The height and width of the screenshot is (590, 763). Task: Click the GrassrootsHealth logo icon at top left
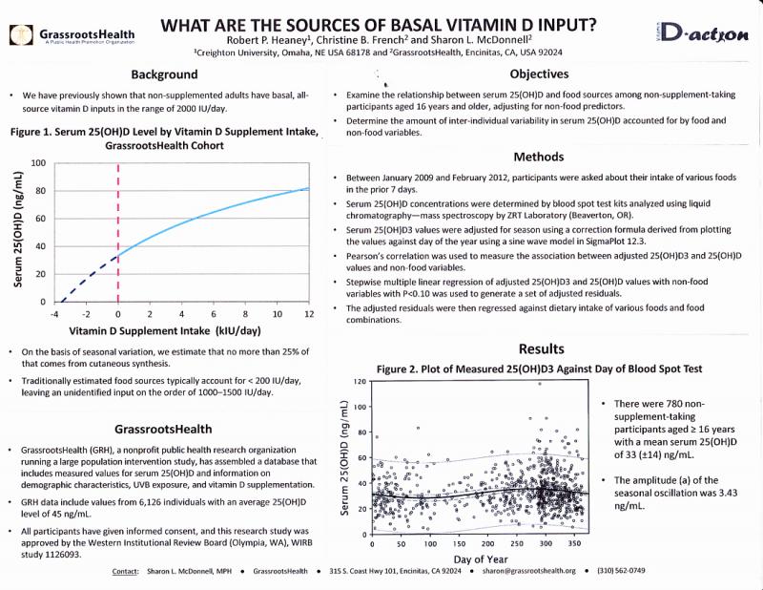point(21,35)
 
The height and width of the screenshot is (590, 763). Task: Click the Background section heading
point(164,74)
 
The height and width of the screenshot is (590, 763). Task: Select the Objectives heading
point(539,74)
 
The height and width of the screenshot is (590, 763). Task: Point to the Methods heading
point(539,157)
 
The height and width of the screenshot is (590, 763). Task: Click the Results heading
point(541,348)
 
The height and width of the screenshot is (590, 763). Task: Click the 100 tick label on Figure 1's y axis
point(38,162)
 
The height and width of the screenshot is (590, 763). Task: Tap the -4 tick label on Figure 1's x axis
point(54,314)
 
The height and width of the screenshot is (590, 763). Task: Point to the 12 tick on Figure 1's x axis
point(309,314)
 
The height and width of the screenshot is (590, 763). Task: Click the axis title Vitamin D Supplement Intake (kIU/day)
point(165,331)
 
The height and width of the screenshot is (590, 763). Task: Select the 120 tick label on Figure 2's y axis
point(361,382)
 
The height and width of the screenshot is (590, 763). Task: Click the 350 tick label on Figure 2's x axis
point(574,544)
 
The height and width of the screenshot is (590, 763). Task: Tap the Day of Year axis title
point(481,559)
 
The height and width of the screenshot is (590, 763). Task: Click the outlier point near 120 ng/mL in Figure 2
point(540,384)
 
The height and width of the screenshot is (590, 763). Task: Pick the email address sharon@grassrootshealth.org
point(529,571)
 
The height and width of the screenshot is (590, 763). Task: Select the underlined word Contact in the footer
point(125,572)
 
